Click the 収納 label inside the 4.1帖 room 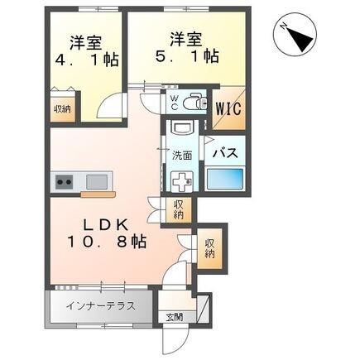click(62, 108)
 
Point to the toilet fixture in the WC click(193, 103)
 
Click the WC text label click(175, 102)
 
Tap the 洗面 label click(182, 156)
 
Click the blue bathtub click(224, 180)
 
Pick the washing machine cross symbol click(181, 181)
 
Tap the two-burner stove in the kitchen click(64, 180)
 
